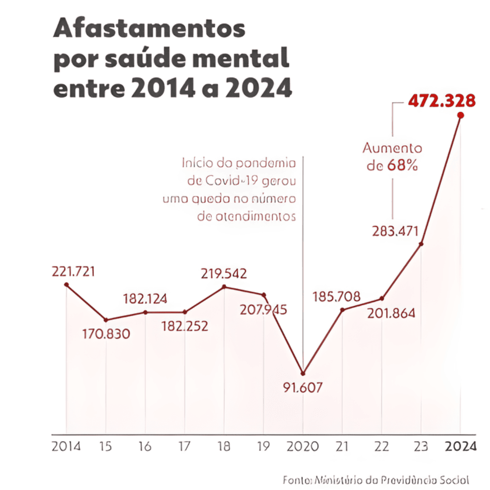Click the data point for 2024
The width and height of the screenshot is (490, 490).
click(461, 115)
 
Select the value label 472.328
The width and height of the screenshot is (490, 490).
click(441, 101)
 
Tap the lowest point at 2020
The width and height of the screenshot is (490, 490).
click(303, 373)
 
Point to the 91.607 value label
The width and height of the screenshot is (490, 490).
click(303, 388)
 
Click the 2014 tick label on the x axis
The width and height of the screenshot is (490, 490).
click(66, 446)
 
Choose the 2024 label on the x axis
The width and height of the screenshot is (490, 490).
click(460, 446)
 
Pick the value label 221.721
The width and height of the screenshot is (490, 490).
click(73, 272)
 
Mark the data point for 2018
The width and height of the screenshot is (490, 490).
click(224, 287)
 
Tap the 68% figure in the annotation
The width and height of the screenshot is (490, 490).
click(402, 166)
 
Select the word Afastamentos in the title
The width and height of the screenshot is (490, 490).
click(149, 30)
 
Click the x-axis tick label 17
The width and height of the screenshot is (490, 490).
click(185, 446)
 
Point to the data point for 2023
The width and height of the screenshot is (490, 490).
click(421, 244)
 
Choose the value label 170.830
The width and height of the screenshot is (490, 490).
click(106, 334)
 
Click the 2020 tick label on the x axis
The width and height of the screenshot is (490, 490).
click(303, 446)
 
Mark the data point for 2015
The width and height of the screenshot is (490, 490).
click(106, 320)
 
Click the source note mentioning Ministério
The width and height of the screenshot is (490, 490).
click(375, 480)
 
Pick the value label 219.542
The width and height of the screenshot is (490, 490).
click(224, 274)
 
